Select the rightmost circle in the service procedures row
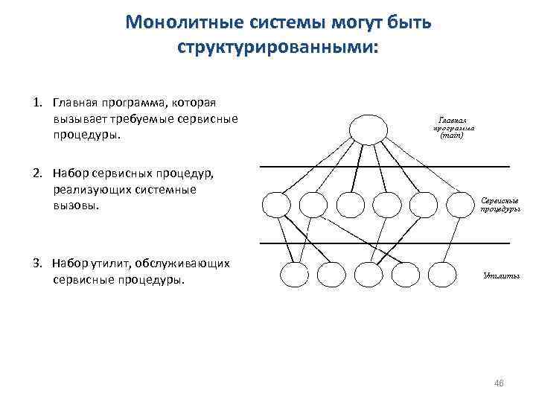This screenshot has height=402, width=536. click(x=460, y=204)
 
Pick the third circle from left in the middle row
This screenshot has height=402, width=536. click(x=350, y=204)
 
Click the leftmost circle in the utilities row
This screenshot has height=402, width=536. click(x=291, y=275)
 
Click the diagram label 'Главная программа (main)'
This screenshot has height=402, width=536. click(x=453, y=127)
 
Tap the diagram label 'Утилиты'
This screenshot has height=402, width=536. click(x=501, y=275)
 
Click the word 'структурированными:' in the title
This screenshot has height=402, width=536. click(x=278, y=47)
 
